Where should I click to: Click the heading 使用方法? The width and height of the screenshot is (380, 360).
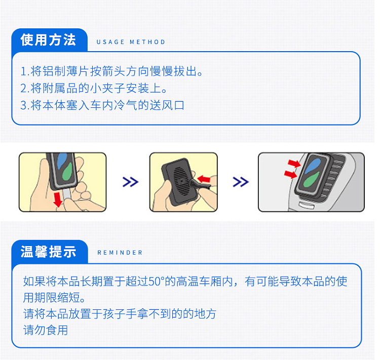click(48, 39)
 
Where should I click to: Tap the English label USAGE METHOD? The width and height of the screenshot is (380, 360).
click(131, 42)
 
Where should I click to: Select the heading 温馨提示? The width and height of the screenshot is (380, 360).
click(48, 252)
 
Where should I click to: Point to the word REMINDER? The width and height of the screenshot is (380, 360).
click(120, 253)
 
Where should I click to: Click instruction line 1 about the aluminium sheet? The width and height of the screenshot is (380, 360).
click(111, 71)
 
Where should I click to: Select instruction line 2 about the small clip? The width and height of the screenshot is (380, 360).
click(94, 88)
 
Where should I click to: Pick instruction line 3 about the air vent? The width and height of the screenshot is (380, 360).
click(102, 105)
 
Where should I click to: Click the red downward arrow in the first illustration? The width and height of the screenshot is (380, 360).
click(58, 199)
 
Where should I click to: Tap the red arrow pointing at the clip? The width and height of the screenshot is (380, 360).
click(204, 179)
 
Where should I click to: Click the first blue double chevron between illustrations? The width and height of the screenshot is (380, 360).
click(130, 182)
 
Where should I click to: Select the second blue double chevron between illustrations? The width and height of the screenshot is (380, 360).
click(240, 182)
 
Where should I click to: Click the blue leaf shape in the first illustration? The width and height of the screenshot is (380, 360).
click(62, 161)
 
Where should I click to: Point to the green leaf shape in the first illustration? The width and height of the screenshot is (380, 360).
click(67, 172)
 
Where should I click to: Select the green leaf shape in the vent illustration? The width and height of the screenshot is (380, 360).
click(311, 180)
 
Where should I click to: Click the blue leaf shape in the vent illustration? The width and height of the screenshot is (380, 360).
click(313, 166)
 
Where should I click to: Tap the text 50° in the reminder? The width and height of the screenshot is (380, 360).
click(157, 282)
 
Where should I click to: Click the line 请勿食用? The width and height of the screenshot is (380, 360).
click(46, 330)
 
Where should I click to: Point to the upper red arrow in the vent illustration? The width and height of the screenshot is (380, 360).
click(294, 163)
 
